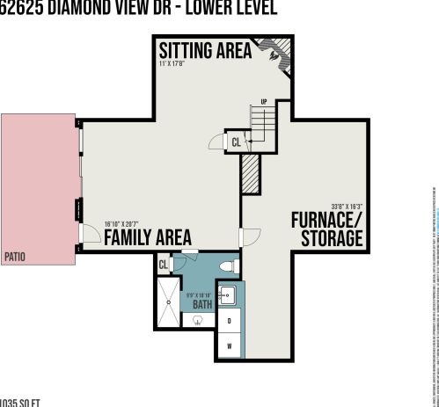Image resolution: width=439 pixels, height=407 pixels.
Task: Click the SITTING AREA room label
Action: click(x=204, y=50)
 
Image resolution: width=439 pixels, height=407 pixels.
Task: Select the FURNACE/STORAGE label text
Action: click(x=326, y=229)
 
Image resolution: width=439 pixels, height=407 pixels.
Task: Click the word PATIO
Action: click(x=14, y=257)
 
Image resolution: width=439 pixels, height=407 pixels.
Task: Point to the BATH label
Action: click(x=202, y=304)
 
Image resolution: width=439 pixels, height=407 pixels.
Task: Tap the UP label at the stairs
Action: click(x=263, y=101)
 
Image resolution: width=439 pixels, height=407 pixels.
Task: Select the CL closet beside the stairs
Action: click(x=236, y=142)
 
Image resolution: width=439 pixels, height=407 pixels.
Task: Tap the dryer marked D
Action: click(x=229, y=320)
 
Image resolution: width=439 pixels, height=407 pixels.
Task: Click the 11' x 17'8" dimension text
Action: click(x=173, y=63)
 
